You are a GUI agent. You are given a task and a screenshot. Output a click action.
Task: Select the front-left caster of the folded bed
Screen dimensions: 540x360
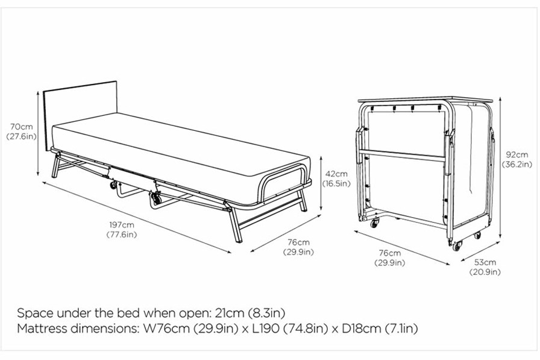point(374,223)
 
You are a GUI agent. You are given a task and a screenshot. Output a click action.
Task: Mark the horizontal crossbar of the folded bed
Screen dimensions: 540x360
point(402,156)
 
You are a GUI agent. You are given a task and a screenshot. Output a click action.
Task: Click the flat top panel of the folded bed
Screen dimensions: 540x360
point(425,100)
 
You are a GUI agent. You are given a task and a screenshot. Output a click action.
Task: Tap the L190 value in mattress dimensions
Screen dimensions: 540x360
point(266,328)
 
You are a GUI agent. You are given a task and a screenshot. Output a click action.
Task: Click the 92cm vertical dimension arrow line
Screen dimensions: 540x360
point(500,167)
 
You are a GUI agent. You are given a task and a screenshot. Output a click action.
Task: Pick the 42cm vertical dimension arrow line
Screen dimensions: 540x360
point(321,183)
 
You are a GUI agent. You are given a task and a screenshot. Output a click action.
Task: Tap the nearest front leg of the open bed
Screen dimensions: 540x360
point(236,224)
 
